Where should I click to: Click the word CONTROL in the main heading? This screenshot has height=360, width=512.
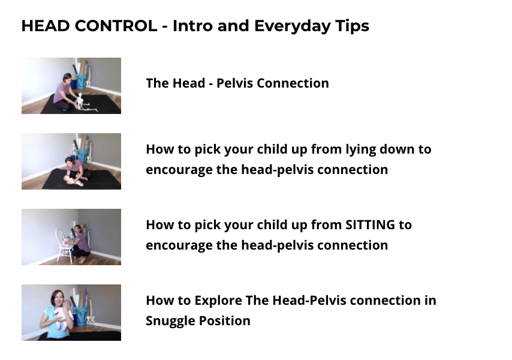click(x=116, y=26)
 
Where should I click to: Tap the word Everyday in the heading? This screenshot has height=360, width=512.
click(x=292, y=26)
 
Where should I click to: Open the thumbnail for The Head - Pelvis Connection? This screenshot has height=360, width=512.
click(x=71, y=86)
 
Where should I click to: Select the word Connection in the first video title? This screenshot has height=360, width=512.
click(x=293, y=83)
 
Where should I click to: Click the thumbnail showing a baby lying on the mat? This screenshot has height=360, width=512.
click(x=71, y=161)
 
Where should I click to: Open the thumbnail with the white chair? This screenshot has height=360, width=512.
click(x=71, y=237)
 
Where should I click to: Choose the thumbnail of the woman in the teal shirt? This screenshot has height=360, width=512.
click(x=71, y=313)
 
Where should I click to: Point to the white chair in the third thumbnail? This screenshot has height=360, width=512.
click(x=64, y=245)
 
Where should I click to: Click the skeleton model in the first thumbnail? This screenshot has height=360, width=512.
click(x=83, y=103)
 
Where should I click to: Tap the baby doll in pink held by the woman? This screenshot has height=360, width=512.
click(x=64, y=314)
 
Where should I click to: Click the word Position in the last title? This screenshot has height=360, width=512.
click(x=225, y=321)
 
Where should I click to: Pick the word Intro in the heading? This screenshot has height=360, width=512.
click(x=192, y=26)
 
